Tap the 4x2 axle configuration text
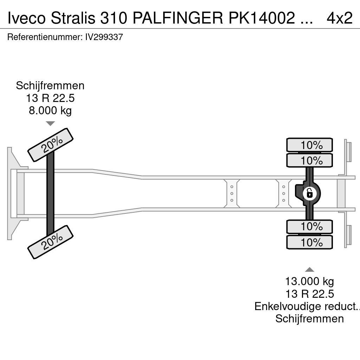pyautogui.click(x=339, y=18)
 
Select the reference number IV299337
pyautogui.click(x=104, y=37)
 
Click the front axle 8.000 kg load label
pyautogui.click(x=50, y=110)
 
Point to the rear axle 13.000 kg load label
pyautogui.click(x=309, y=281)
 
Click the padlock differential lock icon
pyautogui.click(x=309, y=193)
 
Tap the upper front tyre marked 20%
pyautogui.click(x=50, y=145)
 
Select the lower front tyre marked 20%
pyautogui.click(x=50, y=242)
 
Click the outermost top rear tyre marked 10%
pyautogui.click(x=309, y=145)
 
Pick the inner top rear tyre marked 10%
pyautogui.click(x=309, y=161)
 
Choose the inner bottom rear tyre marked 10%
pyautogui.click(x=309, y=227)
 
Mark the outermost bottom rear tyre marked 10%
pyautogui.click(x=309, y=243)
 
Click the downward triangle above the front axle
pyautogui.click(x=50, y=123)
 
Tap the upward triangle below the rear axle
pyautogui.click(x=309, y=270)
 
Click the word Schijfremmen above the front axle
pyautogui.click(x=50, y=86)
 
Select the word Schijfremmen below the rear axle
pyautogui.click(x=309, y=319)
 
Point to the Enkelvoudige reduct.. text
pyautogui.click(x=307, y=306)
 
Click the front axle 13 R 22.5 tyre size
pyautogui.click(x=50, y=98)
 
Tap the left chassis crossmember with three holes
pyautogui.click(x=232, y=193)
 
